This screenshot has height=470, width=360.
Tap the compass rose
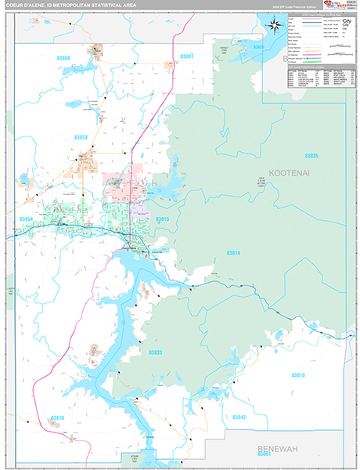tap(275, 24)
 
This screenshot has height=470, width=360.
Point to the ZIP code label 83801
tap(186, 56)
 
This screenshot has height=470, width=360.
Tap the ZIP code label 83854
tap(27, 219)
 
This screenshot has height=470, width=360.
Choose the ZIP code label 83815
tap(162, 219)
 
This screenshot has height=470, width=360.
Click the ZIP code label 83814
tap(233, 253)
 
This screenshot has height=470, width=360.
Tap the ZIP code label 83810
tap(298, 375)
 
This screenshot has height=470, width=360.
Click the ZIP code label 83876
tap(56, 418)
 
